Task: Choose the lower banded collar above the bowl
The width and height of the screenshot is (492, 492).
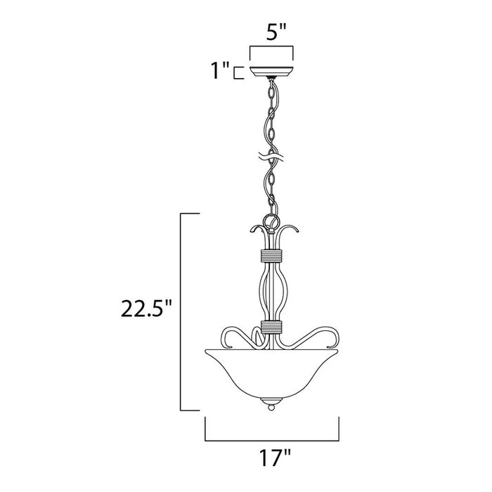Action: (272, 326)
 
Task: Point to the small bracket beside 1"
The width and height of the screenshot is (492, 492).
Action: (238, 71)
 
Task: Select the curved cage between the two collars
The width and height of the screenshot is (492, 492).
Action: (272, 292)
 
